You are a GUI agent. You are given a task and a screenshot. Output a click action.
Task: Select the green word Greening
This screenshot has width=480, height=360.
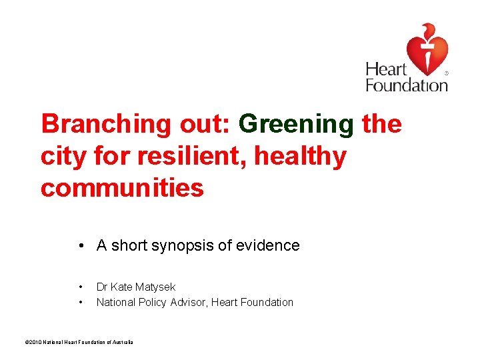[296, 124]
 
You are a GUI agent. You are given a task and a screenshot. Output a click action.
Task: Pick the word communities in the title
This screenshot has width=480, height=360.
[122, 188]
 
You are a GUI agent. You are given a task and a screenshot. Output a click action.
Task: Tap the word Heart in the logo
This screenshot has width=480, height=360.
[386, 69]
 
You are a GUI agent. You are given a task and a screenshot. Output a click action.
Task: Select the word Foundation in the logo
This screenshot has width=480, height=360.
[406, 85]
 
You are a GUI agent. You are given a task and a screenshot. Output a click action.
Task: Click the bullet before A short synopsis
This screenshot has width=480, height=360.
[79, 246]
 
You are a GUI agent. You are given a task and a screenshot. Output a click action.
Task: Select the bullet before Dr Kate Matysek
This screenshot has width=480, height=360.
[81, 287]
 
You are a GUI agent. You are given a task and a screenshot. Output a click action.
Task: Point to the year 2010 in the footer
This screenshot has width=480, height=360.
[32, 342]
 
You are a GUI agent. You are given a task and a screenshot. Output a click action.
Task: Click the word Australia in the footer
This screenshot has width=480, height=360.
[123, 342]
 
